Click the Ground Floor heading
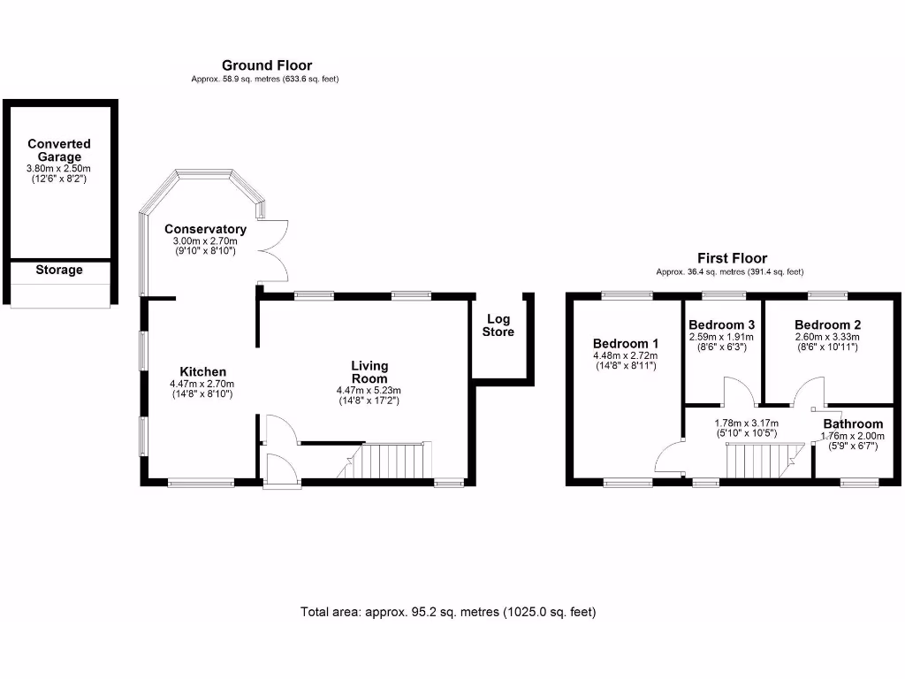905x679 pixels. [266, 65]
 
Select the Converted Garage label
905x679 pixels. [59, 150]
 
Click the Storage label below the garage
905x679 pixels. [59, 270]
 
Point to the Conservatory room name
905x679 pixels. [205, 229]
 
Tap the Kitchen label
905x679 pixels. [203, 371]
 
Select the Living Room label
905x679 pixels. [369, 372]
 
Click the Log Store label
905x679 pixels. [498, 325]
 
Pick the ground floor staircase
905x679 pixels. [389, 461]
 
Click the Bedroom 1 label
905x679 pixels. [626, 343]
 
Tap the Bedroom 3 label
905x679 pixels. [721, 324]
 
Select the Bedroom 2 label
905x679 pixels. [827, 324]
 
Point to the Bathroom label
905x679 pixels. [852, 423]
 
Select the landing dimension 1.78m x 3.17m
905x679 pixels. [745, 423]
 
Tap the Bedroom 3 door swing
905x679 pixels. [737, 391]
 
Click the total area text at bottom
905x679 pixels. [448, 611]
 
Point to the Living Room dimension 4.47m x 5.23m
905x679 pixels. [369, 391]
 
